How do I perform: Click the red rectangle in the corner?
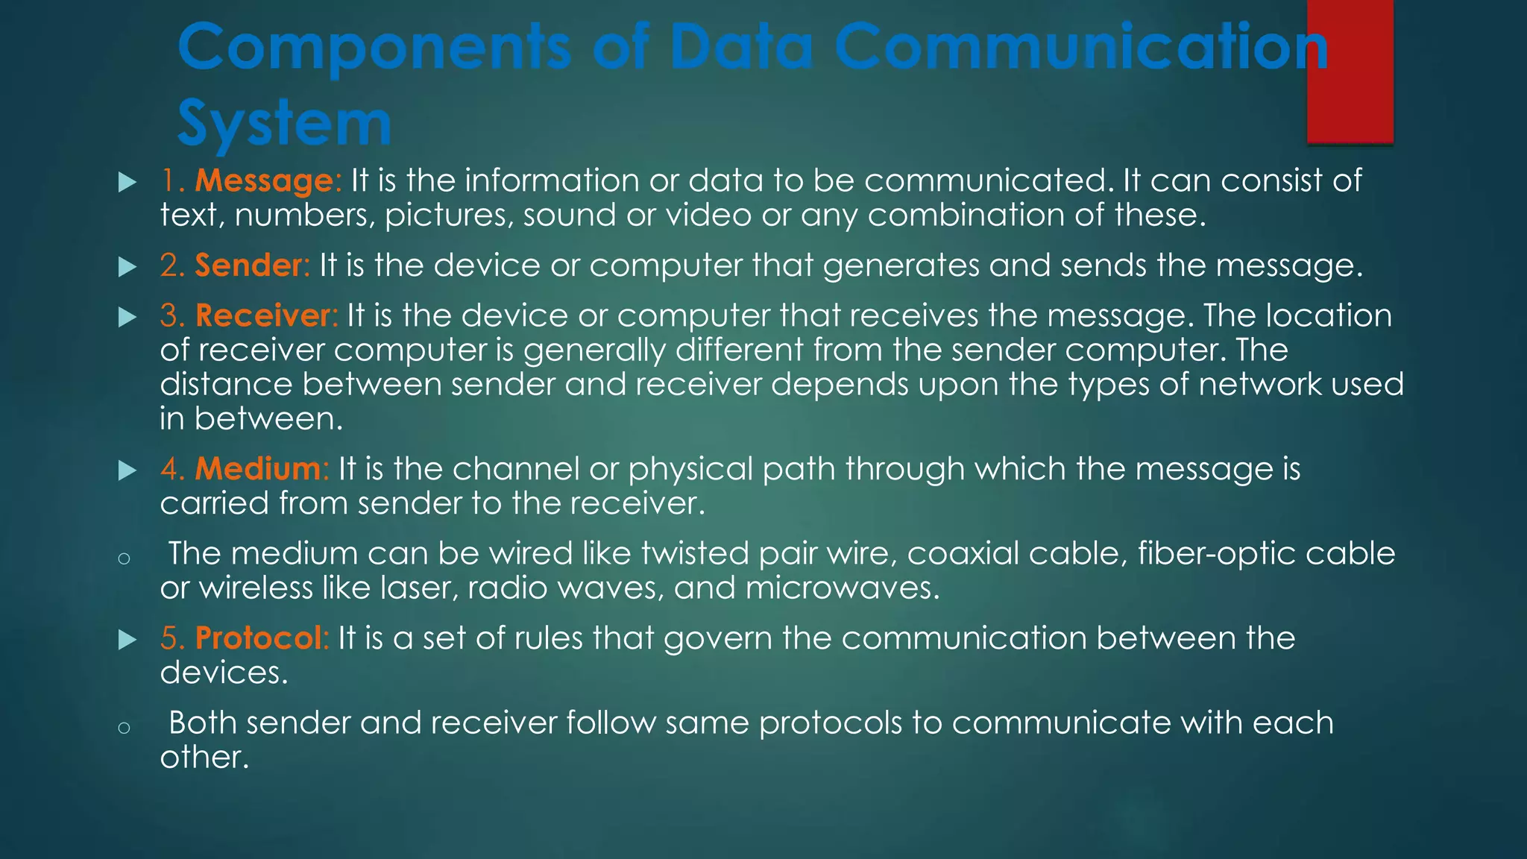click(1350, 72)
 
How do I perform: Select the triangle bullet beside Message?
click(127, 182)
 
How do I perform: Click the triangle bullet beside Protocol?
click(127, 640)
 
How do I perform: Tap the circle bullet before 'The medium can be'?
click(125, 558)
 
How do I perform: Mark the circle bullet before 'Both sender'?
click(125, 728)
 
